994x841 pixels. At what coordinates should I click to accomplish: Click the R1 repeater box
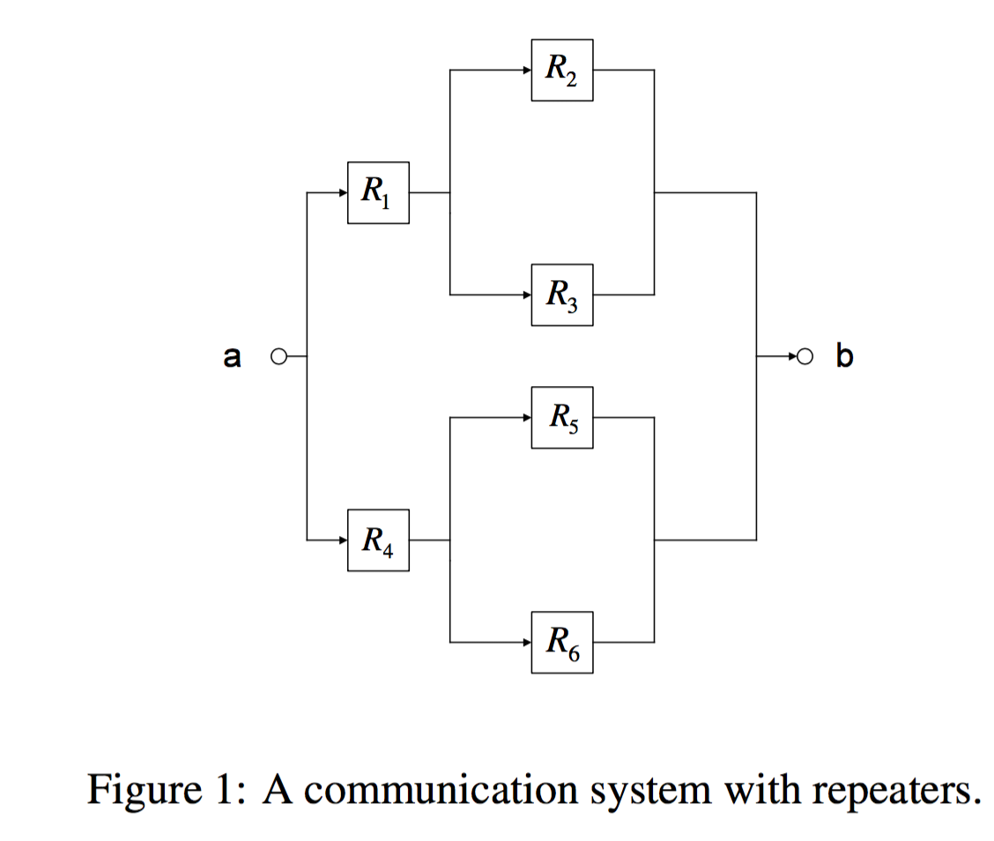378,192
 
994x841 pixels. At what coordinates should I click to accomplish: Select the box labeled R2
561,70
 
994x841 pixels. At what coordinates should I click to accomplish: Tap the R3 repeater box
561,294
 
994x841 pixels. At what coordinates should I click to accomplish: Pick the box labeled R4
378,540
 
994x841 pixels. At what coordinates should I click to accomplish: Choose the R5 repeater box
561,417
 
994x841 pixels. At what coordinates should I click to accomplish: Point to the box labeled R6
561,642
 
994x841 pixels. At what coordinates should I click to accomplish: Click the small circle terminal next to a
278,357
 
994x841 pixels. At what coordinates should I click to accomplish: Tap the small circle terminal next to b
804,357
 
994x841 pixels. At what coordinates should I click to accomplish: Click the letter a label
232,357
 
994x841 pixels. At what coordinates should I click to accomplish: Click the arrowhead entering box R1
343,192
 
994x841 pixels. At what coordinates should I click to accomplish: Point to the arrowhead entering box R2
526,70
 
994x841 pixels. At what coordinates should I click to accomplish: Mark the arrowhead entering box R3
526,294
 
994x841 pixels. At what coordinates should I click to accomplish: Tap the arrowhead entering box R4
343,540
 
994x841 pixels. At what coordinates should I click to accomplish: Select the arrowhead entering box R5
526,417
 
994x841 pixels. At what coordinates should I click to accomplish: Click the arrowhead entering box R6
526,642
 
